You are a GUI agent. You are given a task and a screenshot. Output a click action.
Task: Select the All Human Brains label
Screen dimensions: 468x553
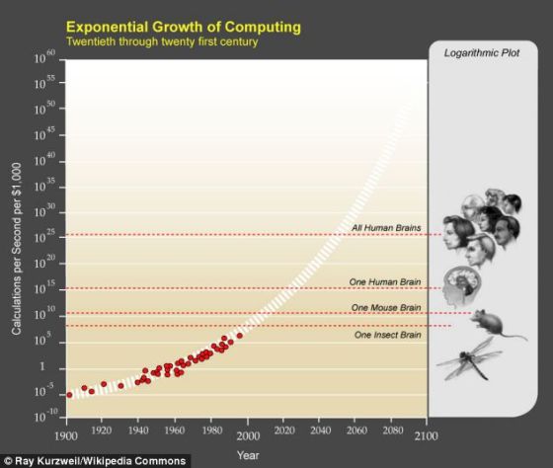click(387, 229)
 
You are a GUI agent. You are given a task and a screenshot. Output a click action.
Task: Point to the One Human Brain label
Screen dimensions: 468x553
click(385, 282)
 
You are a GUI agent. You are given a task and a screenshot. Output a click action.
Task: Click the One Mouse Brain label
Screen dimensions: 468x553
click(386, 308)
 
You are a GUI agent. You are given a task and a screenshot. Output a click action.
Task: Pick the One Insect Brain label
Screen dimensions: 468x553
click(387, 336)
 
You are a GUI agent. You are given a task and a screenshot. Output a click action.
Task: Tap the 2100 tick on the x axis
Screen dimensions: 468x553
click(427, 434)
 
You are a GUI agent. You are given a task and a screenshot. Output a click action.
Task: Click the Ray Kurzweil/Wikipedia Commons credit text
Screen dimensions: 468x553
click(94, 460)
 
